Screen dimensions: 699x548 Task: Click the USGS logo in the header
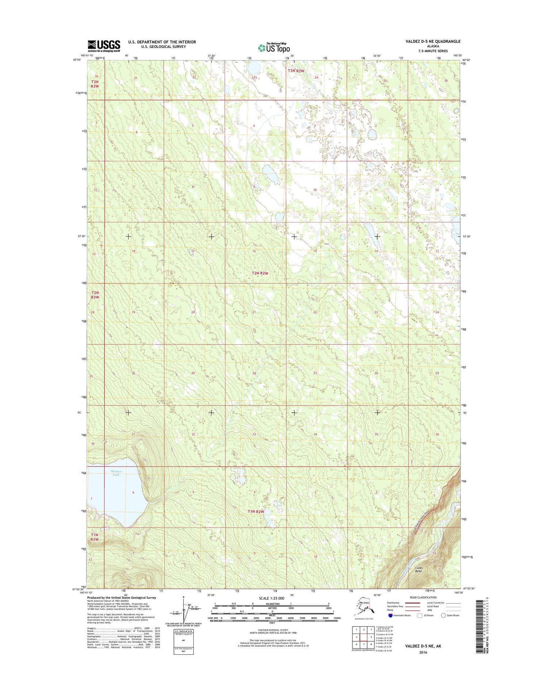[104, 46]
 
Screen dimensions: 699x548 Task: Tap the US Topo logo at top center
[274, 48]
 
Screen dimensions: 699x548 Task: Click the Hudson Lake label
[116, 473]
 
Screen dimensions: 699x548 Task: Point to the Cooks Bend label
[419, 569]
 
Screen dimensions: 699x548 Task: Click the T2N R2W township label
[260, 273]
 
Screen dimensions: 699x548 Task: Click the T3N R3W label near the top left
[95, 84]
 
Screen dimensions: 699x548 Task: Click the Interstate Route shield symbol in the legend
[391, 615]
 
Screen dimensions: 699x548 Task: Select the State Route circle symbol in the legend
[444, 615]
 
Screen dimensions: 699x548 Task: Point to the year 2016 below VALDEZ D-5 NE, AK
[423, 652]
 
